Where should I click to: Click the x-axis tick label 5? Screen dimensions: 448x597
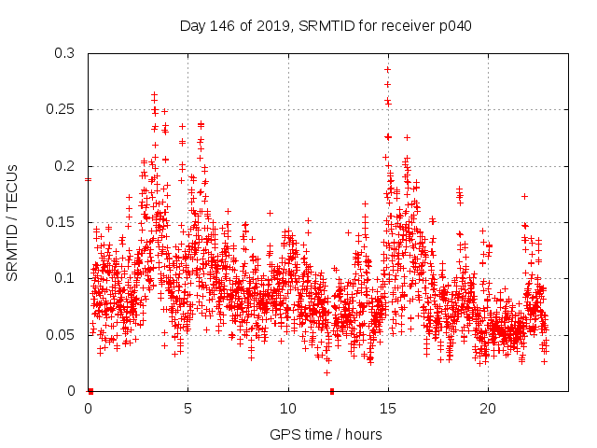[188, 408]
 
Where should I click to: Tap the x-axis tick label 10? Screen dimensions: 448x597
[288, 408]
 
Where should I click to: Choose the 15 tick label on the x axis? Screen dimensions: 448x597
[388, 408]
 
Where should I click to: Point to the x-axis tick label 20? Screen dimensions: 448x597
[488, 408]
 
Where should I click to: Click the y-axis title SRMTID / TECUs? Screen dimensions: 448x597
[13, 222]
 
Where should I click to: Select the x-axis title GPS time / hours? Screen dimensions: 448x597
[326, 434]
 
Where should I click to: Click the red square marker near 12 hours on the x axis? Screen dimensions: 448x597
[332, 391]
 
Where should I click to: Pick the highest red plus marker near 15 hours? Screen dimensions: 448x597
[387, 69]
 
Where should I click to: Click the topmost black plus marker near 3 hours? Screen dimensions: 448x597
[154, 95]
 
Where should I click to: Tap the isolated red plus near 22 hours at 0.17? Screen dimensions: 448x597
[525, 196]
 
